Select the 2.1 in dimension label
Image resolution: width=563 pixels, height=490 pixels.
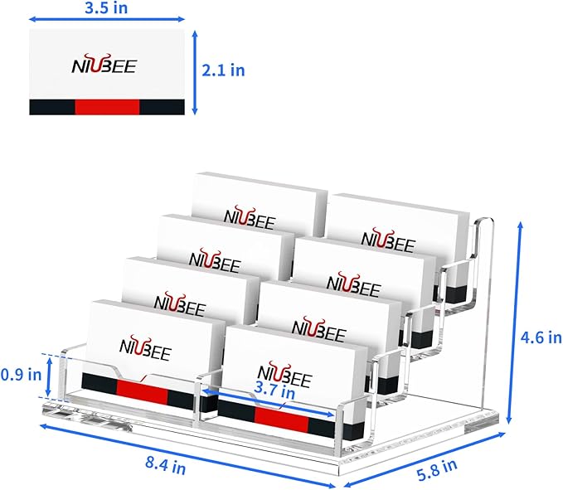(225, 70)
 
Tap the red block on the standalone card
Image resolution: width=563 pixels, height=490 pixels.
(107, 106)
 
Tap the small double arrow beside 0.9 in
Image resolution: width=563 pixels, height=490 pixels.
(55, 374)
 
